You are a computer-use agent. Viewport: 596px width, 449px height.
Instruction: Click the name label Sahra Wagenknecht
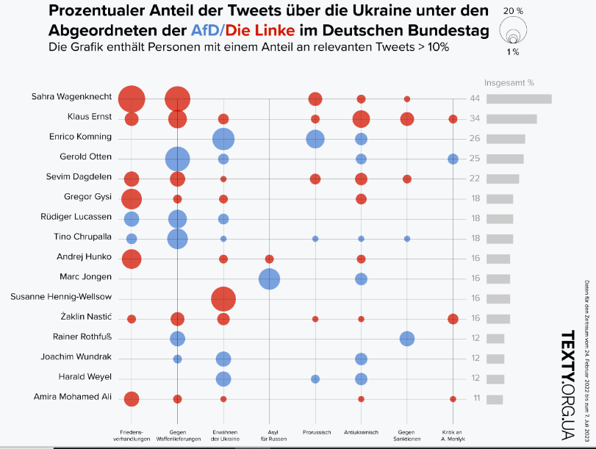pyautogui.click(x=71, y=97)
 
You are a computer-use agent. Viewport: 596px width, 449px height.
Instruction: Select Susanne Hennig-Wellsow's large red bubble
pyautogui.click(x=223, y=299)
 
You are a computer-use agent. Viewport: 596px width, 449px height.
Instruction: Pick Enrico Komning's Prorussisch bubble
pyautogui.click(x=315, y=139)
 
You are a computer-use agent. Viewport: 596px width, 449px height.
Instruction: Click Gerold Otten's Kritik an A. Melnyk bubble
pyautogui.click(x=453, y=159)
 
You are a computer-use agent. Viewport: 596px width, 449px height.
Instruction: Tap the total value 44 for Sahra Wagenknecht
pyautogui.click(x=475, y=99)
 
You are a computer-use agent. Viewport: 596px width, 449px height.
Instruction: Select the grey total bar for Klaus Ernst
pyautogui.click(x=511, y=119)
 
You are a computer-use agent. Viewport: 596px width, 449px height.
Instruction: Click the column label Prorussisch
pyautogui.click(x=315, y=433)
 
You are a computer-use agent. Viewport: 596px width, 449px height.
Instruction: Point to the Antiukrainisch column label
pyautogui.click(x=361, y=433)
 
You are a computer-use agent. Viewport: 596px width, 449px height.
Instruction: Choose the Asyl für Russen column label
pyautogui.click(x=269, y=435)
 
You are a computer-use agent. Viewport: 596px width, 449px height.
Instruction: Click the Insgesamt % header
pyautogui.click(x=508, y=82)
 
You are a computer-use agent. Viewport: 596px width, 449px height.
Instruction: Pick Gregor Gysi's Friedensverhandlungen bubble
pyautogui.click(x=132, y=198)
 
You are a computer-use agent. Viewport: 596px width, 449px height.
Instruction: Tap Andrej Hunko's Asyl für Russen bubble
pyautogui.click(x=269, y=259)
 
